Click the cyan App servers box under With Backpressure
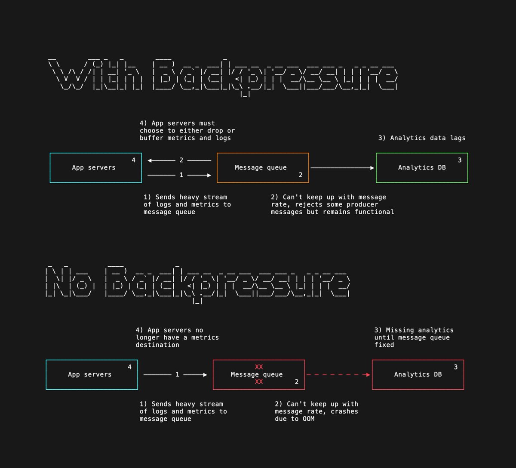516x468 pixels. coord(95,168)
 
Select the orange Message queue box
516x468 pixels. coord(262,168)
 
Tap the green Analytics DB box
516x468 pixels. coord(421,168)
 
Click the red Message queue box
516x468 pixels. coord(258,375)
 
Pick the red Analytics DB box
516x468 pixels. coord(418,375)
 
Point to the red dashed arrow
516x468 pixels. coord(338,375)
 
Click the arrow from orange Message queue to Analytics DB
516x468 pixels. coord(342,168)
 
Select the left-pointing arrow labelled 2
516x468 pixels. coord(179,160)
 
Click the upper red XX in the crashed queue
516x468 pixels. coord(258,367)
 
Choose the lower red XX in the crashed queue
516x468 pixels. coord(258,382)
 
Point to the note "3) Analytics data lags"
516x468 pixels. coord(421,138)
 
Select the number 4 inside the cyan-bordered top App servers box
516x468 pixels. coord(133,160)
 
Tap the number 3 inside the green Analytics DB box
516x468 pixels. coord(459,160)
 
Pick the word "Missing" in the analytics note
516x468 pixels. coord(400,330)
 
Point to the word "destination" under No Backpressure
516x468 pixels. coord(157,345)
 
